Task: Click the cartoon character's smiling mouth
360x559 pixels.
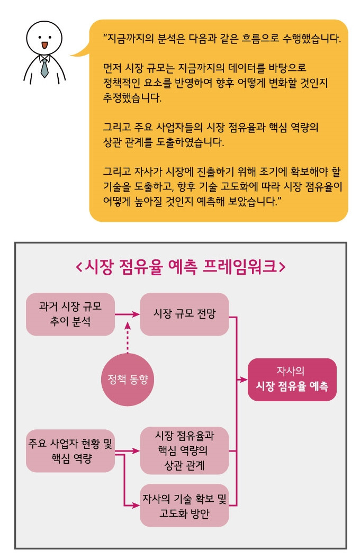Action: coord(44,45)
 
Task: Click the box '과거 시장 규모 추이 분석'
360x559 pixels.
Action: coord(70,314)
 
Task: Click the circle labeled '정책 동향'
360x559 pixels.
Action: coord(128,380)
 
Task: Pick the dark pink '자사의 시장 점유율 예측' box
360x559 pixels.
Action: coord(292,380)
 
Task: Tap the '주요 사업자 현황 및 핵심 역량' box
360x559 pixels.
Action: coord(70,450)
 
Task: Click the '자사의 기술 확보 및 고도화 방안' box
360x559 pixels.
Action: coord(184,505)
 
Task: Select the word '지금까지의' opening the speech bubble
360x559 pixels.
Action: coord(133,40)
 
